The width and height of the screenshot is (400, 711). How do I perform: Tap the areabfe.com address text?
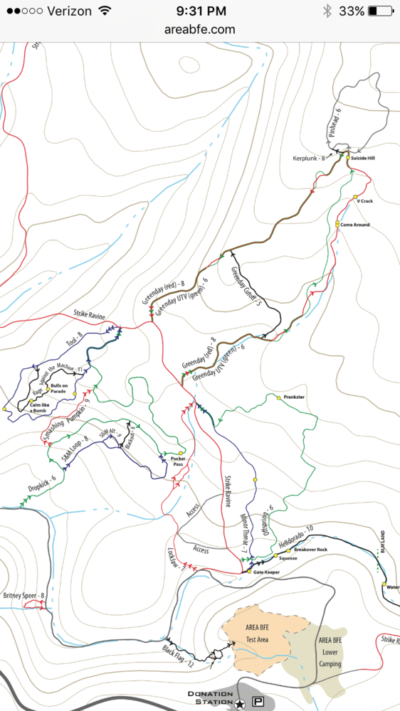click(200, 29)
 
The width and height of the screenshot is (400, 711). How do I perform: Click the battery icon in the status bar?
click(382, 11)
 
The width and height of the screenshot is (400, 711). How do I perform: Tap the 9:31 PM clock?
click(200, 11)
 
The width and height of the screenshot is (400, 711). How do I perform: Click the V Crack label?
click(364, 201)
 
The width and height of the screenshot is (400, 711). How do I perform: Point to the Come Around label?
click(355, 225)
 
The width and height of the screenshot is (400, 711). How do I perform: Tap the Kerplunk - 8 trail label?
click(314, 158)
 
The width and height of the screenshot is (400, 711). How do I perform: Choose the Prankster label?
click(294, 397)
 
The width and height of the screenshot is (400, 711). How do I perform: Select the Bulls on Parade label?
click(58, 389)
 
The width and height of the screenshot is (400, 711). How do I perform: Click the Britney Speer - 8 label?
click(23, 595)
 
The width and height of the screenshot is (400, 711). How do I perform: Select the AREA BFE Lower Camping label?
click(330, 652)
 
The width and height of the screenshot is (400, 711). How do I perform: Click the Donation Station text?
click(211, 698)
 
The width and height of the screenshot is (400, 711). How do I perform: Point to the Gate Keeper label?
click(262, 572)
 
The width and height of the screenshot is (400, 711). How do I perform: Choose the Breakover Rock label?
click(310, 550)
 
